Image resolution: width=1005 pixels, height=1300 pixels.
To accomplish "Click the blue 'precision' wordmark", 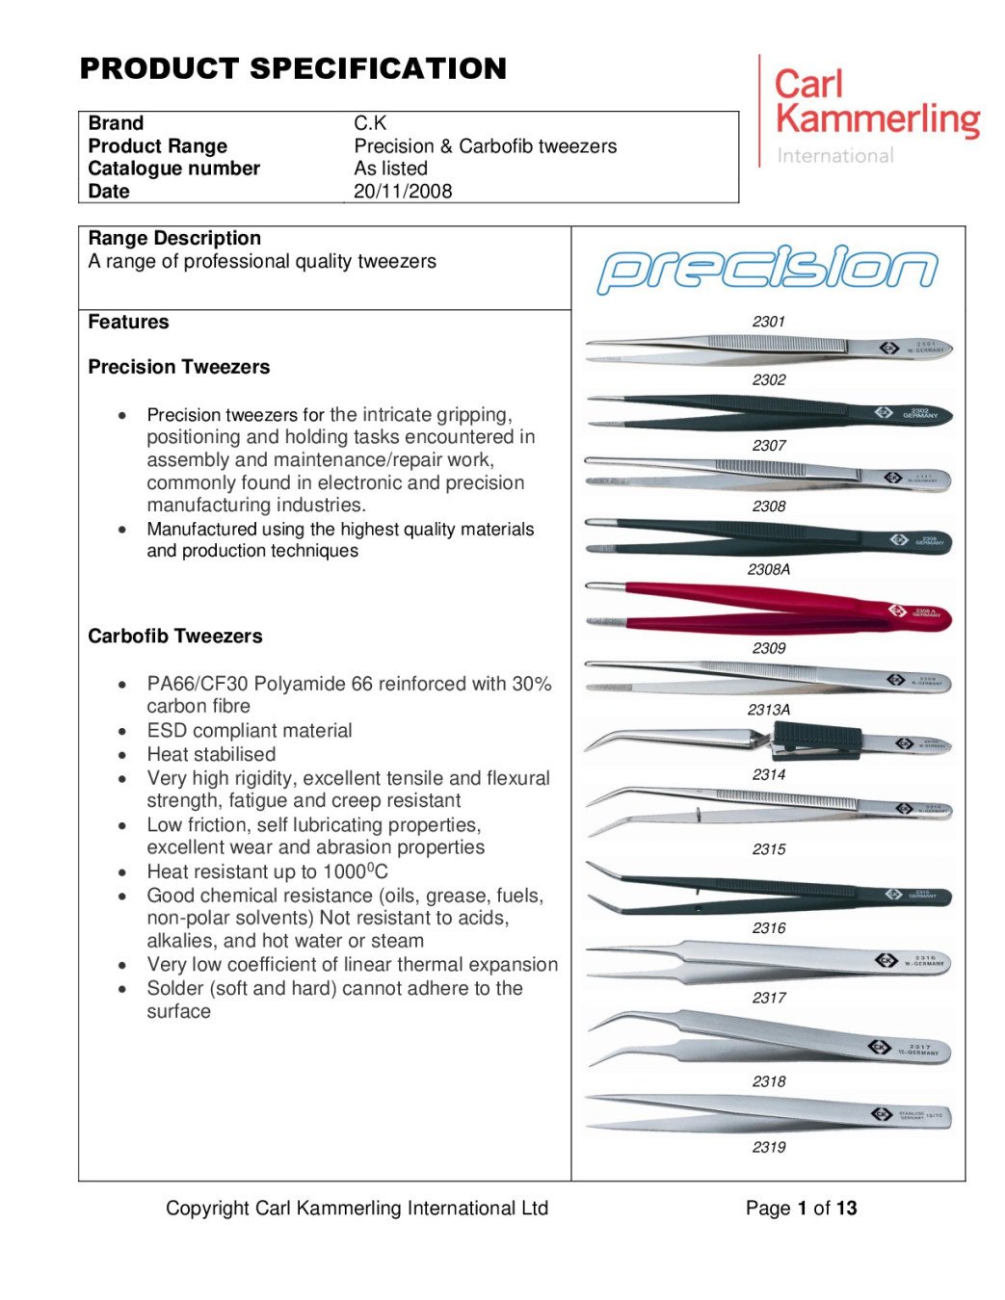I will point(767,270).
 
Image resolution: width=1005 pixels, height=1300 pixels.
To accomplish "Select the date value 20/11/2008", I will point(403,191).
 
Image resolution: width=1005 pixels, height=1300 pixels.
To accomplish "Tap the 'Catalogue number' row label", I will point(173,169).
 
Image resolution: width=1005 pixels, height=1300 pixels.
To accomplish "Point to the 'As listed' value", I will point(390,169).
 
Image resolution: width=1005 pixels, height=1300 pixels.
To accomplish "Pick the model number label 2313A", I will point(768,710).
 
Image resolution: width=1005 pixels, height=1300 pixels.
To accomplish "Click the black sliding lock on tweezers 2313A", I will point(816,739).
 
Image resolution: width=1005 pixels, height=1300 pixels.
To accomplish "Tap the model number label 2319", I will point(769,1147).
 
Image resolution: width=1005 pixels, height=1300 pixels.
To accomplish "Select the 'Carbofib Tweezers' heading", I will point(174,637).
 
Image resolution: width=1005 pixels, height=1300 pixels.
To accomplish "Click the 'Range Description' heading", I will point(174,239).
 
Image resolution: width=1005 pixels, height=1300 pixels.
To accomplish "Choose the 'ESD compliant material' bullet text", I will point(250,731).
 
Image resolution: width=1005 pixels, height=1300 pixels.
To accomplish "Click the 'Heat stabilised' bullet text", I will point(211,755).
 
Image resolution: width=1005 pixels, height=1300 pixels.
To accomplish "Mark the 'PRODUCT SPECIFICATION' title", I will point(293,69).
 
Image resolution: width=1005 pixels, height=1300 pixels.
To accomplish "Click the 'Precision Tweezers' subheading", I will point(178,367).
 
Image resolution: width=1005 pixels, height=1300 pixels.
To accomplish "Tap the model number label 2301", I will point(769,322).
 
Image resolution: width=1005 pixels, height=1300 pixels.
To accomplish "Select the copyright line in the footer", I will point(357,1209).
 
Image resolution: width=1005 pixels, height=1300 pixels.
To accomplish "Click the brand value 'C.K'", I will point(370,123).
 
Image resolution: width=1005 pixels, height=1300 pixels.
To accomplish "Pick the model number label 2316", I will point(769,928).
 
